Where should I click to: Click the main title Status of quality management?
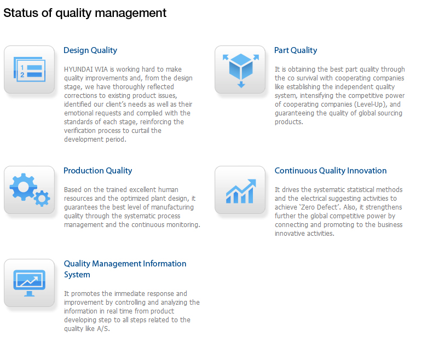85,13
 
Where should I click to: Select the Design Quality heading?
90,50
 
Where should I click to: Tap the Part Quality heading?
296,50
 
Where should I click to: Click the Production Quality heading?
97,171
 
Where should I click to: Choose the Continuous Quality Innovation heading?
330,171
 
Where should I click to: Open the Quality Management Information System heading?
125,269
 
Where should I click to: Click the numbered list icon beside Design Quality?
30,69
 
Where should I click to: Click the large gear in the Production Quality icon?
23,187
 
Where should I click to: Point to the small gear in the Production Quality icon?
42,199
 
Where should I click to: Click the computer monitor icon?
30,283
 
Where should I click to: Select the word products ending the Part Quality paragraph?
288,122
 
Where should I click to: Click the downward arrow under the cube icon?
241,84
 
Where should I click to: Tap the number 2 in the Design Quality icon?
22,75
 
